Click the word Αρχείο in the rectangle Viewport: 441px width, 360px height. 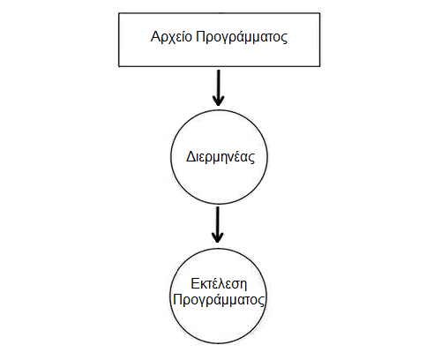(171, 38)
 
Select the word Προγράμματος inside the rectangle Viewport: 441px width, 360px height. (242, 38)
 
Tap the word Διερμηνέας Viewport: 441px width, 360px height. (220, 157)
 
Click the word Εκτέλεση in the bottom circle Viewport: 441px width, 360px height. (219, 283)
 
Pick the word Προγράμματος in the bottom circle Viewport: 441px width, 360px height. (219, 300)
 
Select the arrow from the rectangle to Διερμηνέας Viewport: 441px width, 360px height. (218, 87)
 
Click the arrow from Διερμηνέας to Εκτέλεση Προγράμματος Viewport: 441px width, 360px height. (218, 225)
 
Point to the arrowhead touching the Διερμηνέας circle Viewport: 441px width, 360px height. (218, 101)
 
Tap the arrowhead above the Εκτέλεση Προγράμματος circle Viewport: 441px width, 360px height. (218, 237)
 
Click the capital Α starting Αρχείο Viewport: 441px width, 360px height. (155, 36)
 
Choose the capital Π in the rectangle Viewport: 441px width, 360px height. (200, 36)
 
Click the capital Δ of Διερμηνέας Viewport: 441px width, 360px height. (191, 156)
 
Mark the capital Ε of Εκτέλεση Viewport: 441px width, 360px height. (195, 284)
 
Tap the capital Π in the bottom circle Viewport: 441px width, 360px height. (177, 300)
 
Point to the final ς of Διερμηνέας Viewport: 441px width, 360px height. (251, 158)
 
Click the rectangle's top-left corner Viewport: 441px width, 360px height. (119, 13)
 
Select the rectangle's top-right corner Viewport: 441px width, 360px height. (320, 13)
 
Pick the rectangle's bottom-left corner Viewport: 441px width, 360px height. (119, 66)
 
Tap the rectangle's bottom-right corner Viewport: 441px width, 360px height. (320, 66)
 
